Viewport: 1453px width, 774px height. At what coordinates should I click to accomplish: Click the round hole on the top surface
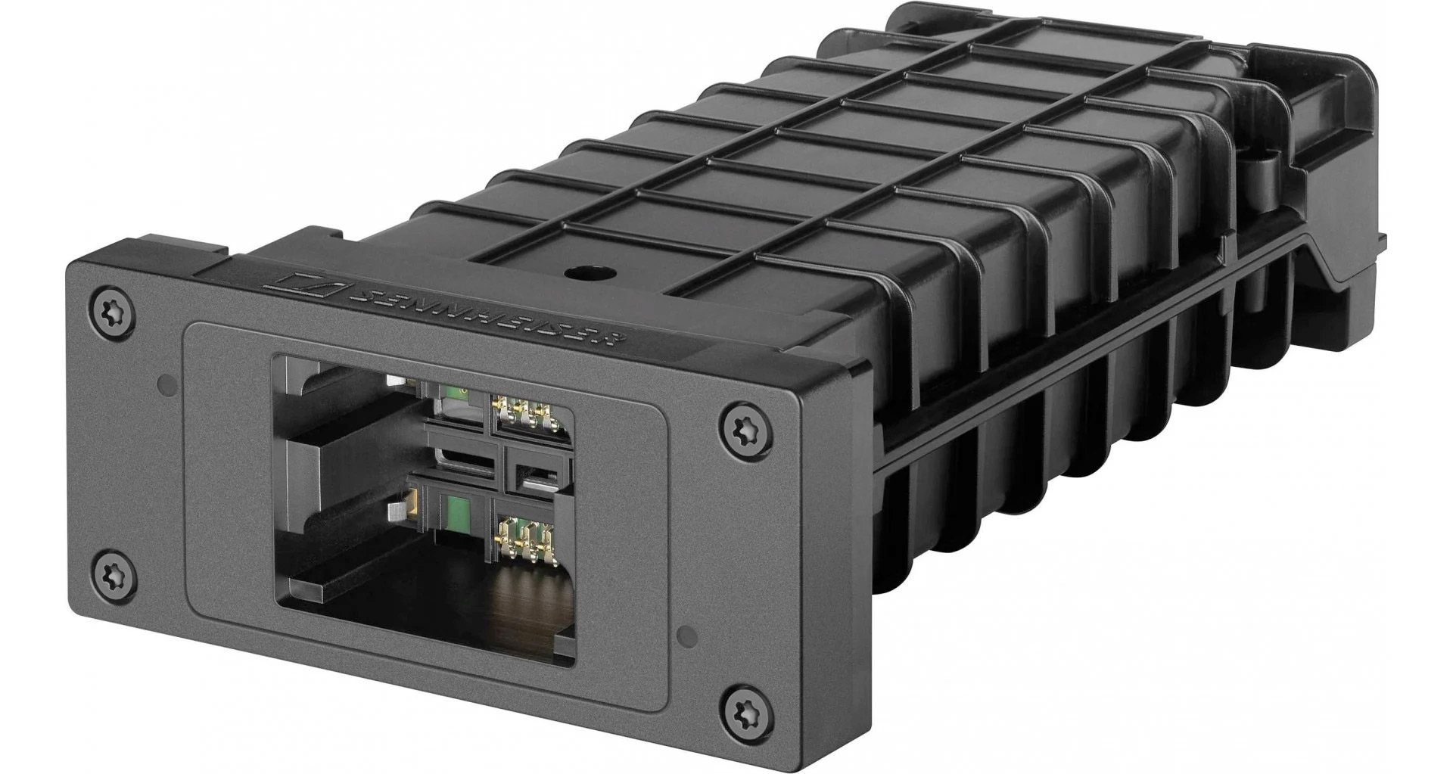pyautogui.click(x=582, y=272)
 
